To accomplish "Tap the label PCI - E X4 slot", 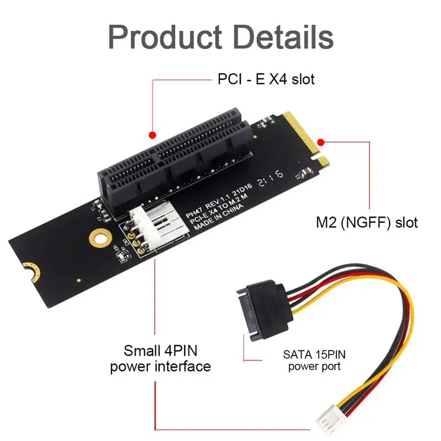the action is (x=265, y=79).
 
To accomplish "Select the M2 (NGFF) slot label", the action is (x=367, y=223).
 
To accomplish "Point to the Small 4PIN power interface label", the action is (x=160, y=358).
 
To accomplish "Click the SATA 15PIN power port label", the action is (x=314, y=360).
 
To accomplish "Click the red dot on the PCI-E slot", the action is (x=153, y=135).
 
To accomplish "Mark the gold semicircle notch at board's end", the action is (x=30, y=270).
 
